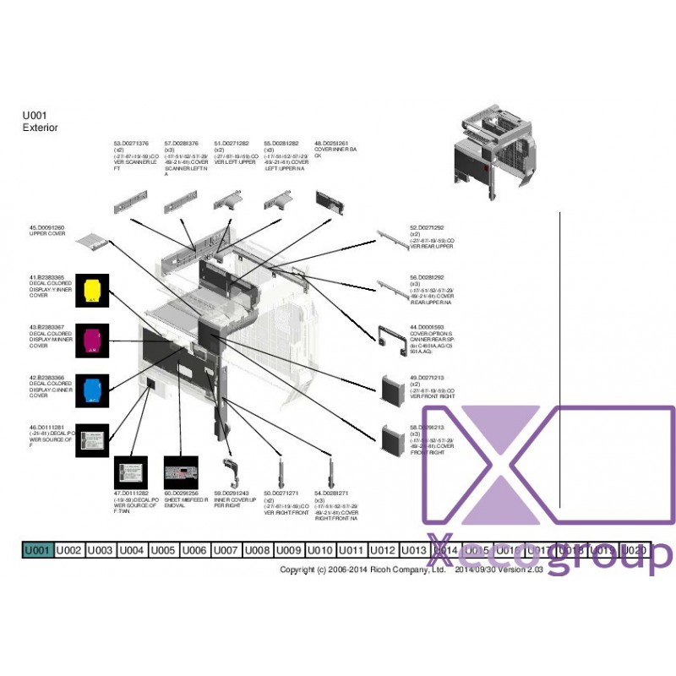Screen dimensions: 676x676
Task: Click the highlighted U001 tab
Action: [37, 550]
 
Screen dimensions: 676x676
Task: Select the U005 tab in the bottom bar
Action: [163, 550]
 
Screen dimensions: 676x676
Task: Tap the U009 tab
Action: [289, 550]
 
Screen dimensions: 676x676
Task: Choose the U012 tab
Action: [383, 550]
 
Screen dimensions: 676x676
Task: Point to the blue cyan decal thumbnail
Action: [92, 389]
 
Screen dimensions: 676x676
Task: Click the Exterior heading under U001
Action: [40, 128]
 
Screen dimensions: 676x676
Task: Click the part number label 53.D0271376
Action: [131, 144]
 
